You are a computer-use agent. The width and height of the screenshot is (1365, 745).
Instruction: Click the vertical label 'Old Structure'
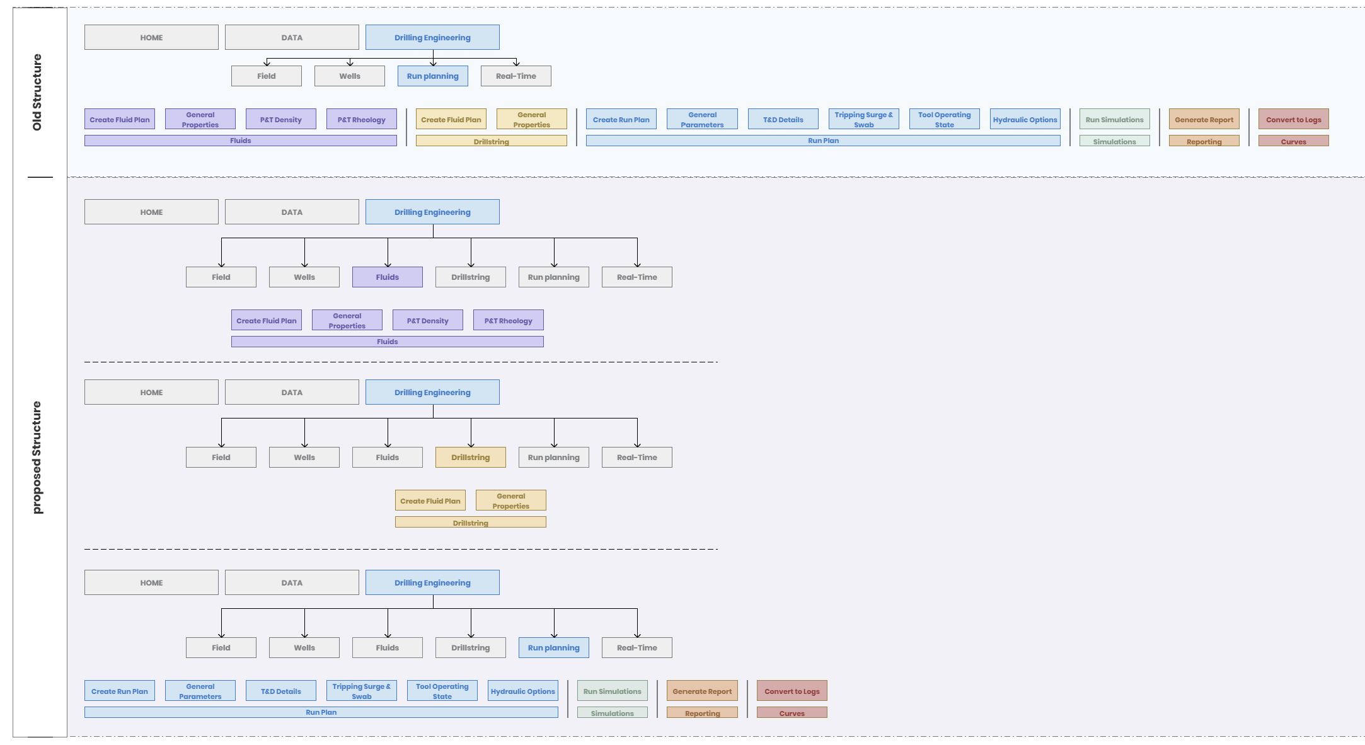(x=37, y=92)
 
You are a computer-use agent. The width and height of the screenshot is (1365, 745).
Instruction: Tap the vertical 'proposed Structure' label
(x=37, y=457)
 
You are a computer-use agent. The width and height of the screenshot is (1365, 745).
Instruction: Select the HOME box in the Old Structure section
(x=151, y=37)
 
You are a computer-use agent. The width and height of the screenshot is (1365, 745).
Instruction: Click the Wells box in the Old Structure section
(x=350, y=76)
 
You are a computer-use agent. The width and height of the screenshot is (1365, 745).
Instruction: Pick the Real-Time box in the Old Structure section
(x=516, y=76)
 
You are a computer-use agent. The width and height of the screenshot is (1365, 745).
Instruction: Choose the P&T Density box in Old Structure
(x=281, y=119)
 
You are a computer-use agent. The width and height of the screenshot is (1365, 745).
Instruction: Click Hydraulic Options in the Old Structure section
(x=1025, y=119)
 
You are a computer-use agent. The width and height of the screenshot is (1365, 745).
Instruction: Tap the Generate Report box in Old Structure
(x=1204, y=119)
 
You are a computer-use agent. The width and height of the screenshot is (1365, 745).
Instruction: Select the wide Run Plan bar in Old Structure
(x=823, y=141)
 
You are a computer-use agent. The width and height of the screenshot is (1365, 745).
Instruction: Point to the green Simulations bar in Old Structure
(x=1115, y=141)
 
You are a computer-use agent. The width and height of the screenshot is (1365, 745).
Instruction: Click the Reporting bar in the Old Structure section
(x=1204, y=141)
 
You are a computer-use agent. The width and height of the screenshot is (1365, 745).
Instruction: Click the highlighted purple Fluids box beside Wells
(x=388, y=277)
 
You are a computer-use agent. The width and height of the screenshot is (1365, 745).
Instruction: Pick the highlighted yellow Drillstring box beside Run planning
(x=471, y=458)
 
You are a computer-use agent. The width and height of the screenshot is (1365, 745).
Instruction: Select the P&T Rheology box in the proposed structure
(x=509, y=320)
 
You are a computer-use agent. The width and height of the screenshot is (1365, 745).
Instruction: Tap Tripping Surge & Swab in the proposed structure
(x=362, y=691)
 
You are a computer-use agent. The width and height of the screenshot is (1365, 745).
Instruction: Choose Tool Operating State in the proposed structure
(x=442, y=691)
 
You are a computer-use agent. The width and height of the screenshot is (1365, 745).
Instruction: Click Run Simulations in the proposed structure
(x=613, y=691)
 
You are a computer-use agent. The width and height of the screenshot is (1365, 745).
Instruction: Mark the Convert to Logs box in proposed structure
(x=792, y=691)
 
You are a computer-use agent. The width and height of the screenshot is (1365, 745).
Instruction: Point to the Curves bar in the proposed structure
(x=792, y=713)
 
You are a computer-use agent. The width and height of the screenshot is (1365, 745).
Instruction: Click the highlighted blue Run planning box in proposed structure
(x=554, y=648)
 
